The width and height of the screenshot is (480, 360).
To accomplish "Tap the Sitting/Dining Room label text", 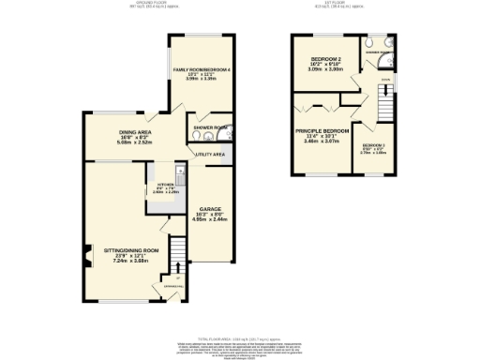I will pyautogui.click(x=130, y=251).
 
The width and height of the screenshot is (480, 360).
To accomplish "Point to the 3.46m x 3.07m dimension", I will pyautogui.click(x=322, y=142).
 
